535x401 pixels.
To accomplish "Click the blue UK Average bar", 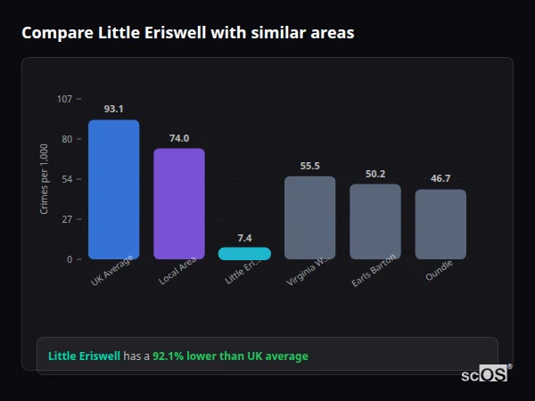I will (113, 189).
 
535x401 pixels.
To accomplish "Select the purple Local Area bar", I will (179, 203).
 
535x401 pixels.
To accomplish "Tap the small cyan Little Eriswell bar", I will (244, 253).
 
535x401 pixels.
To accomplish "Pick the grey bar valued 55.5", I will (310, 217).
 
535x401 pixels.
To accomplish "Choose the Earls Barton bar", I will (375, 221).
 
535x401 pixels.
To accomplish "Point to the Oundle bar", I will (440, 224).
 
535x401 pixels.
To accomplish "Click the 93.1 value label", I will (113, 109).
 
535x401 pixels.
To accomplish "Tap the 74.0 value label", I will (179, 138).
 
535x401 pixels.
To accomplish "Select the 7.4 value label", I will (244, 238).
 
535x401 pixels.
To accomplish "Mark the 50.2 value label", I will (375, 174).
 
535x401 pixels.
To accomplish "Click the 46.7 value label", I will (440, 178).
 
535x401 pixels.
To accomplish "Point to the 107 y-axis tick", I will (65, 99).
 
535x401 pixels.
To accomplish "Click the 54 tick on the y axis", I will (67, 179).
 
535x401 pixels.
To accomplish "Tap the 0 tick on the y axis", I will (70, 259).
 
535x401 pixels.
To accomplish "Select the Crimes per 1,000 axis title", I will (44, 179).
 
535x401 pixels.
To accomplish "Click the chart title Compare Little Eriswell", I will (187, 33).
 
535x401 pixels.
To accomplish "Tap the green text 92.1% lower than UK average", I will (229, 356).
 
